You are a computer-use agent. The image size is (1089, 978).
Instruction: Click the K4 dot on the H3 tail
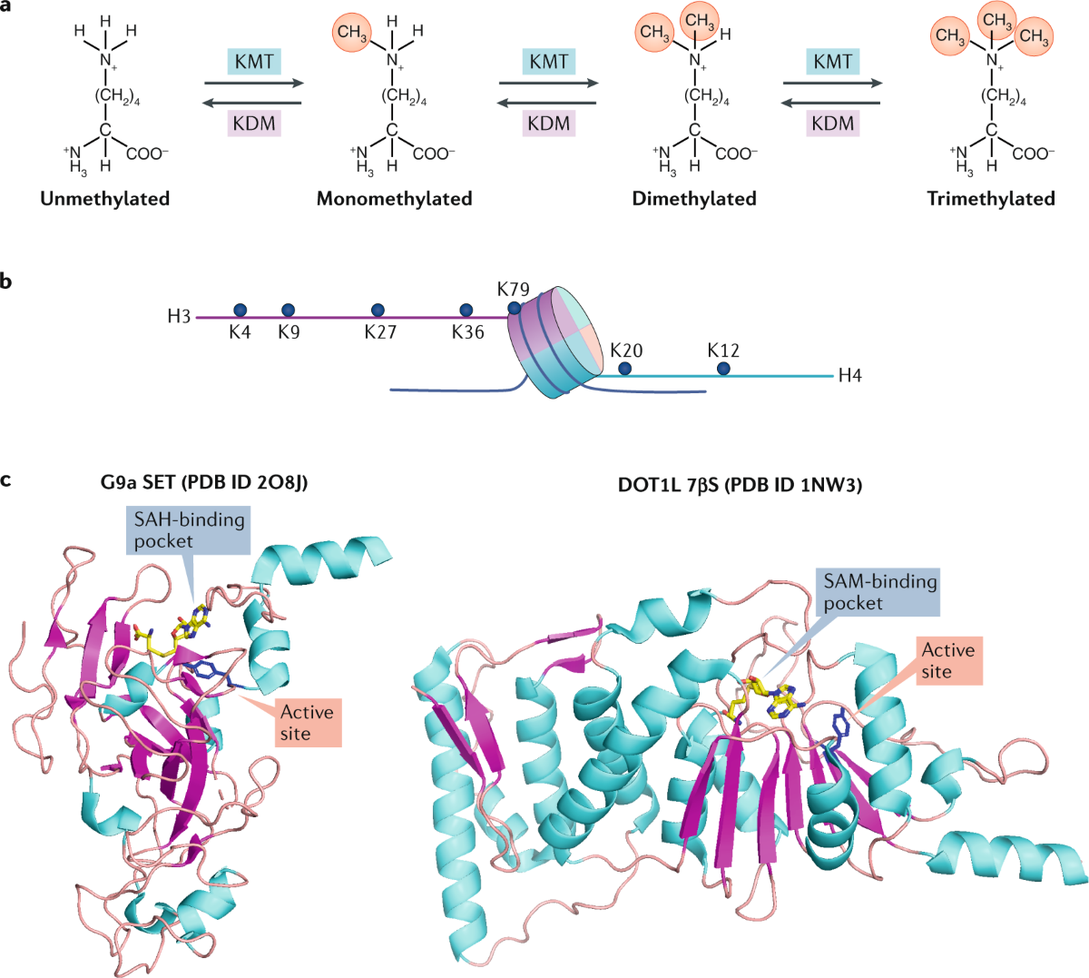tap(240, 311)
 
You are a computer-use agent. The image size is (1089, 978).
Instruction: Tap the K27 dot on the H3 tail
tap(378, 311)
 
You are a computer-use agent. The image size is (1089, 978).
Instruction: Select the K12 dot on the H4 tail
tap(723, 368)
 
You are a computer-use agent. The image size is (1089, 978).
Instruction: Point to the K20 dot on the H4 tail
tap(625, 368)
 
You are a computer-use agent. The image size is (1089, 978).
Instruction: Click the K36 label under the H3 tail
tap(468, 332)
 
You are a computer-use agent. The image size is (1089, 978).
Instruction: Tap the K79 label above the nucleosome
tap(514, 290)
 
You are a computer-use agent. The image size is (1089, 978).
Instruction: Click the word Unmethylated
tap(105, 198)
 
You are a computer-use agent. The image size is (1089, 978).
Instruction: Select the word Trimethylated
tap(991, 198)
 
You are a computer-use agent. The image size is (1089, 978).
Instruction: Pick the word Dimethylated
tap(694, 198)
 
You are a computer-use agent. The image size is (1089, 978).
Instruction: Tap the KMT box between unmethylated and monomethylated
tap(254, 62)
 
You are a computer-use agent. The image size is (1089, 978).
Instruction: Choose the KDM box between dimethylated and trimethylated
tap(832, 123)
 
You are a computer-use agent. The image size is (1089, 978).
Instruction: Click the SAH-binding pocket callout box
tap(190, 530)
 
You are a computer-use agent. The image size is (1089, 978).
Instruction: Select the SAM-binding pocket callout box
tap(879, 592)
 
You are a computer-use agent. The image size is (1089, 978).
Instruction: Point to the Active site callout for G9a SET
tap(308, 723)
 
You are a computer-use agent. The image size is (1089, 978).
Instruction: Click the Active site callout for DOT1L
tap(947, 661)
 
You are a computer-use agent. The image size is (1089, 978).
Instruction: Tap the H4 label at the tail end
tap(849, 375)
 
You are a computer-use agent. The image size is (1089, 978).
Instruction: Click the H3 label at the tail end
tap(179, 317)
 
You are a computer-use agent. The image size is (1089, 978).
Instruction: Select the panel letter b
tap(7, 282)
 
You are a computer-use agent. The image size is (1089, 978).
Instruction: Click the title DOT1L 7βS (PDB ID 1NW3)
tap(740, 486)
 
